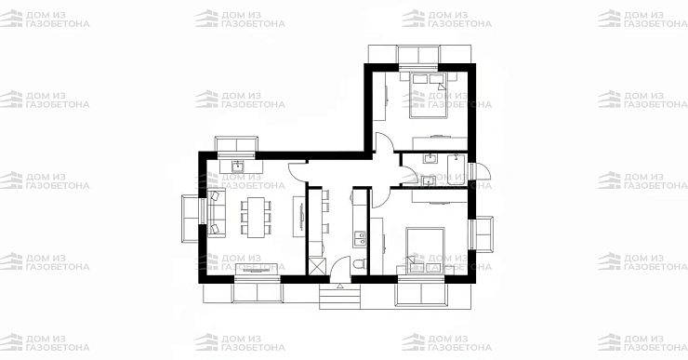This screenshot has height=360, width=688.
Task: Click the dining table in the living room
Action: coord(257,218)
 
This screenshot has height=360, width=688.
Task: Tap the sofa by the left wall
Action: coord(217,213)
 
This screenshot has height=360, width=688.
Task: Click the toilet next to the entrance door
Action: coord(359,264)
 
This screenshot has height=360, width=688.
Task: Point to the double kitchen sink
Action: coord(360,239)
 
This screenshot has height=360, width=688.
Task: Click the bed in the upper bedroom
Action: coord(429,96)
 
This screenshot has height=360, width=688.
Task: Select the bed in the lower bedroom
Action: coord(425,250)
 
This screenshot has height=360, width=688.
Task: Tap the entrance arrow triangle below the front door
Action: coord(340,287)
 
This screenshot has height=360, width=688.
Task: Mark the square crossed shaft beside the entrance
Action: coord(316,266)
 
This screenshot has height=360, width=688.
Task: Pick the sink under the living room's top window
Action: coord(237,166)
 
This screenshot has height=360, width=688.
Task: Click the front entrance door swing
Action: coord(339,269)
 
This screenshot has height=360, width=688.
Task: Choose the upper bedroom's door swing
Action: coord(384,142)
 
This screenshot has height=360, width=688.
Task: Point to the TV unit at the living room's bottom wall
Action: coord(257,269)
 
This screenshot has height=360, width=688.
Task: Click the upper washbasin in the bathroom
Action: coord(430,158)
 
